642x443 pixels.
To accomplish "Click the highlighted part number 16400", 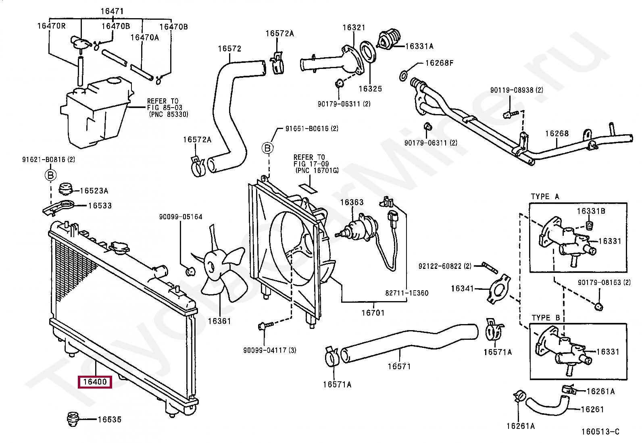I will pos(95,382).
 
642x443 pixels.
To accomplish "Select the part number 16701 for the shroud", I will pos(373,312).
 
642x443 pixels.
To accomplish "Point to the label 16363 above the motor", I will pos(352,202).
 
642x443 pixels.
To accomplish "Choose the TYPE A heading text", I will pos(545,197).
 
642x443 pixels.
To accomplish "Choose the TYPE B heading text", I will pos(546,318).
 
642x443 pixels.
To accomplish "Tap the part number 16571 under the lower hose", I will pos(399,366).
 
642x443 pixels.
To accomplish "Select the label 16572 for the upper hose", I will pos(229,49).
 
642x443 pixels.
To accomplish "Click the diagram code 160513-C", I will pos(600,432).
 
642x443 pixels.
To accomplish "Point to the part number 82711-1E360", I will pos(406,293).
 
